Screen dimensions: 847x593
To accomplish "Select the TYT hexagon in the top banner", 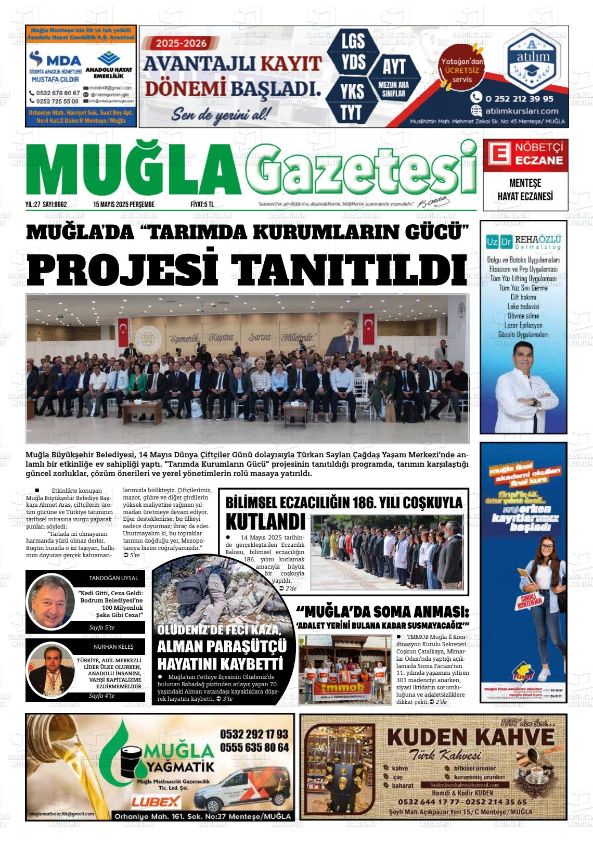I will coord(352,111).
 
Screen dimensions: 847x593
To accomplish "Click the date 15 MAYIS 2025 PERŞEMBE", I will coord(124,204).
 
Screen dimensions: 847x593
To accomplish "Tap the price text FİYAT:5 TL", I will coord(202,204).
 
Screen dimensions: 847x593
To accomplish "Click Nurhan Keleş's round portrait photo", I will coord(51,670).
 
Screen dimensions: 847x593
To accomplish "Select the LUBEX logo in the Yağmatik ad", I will coord(156,801).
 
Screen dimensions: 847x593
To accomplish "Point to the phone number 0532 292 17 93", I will coord(254,734).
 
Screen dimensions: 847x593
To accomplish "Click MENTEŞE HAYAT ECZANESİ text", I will coord(525,190).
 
